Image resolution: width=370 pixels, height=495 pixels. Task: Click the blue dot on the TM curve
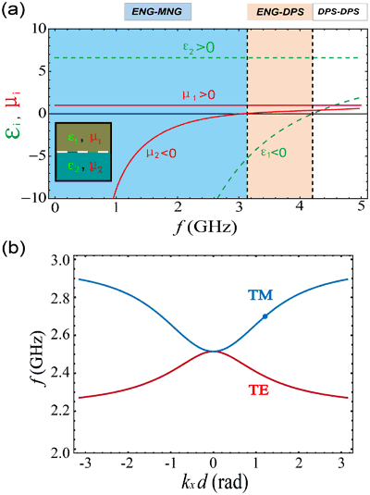coord(266,316)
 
